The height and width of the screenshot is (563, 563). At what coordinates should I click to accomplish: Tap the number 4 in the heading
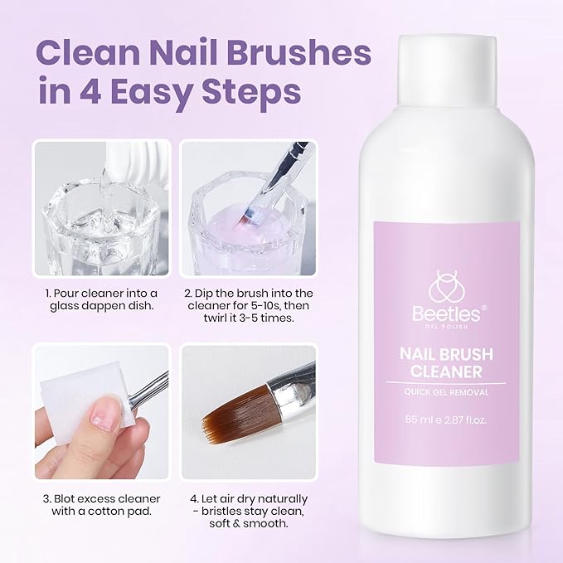point(90,91)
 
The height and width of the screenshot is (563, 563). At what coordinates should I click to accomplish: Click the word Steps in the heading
point(251,94)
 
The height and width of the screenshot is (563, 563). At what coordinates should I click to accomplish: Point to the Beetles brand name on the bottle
point(446,313)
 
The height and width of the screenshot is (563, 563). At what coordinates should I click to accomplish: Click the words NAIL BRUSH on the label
point(446,354)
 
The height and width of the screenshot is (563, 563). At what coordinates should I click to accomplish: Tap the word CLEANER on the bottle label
point(446,371)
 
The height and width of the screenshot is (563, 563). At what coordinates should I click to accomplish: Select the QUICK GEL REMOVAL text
point(446,392)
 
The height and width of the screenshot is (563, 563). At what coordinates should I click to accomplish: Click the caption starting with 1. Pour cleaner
point(102,299)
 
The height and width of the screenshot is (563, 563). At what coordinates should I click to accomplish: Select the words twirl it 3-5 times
point(249,318)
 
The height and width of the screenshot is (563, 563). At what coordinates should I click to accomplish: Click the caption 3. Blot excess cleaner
point(102,505)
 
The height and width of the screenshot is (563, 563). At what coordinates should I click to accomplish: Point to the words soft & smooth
point(249,523)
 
